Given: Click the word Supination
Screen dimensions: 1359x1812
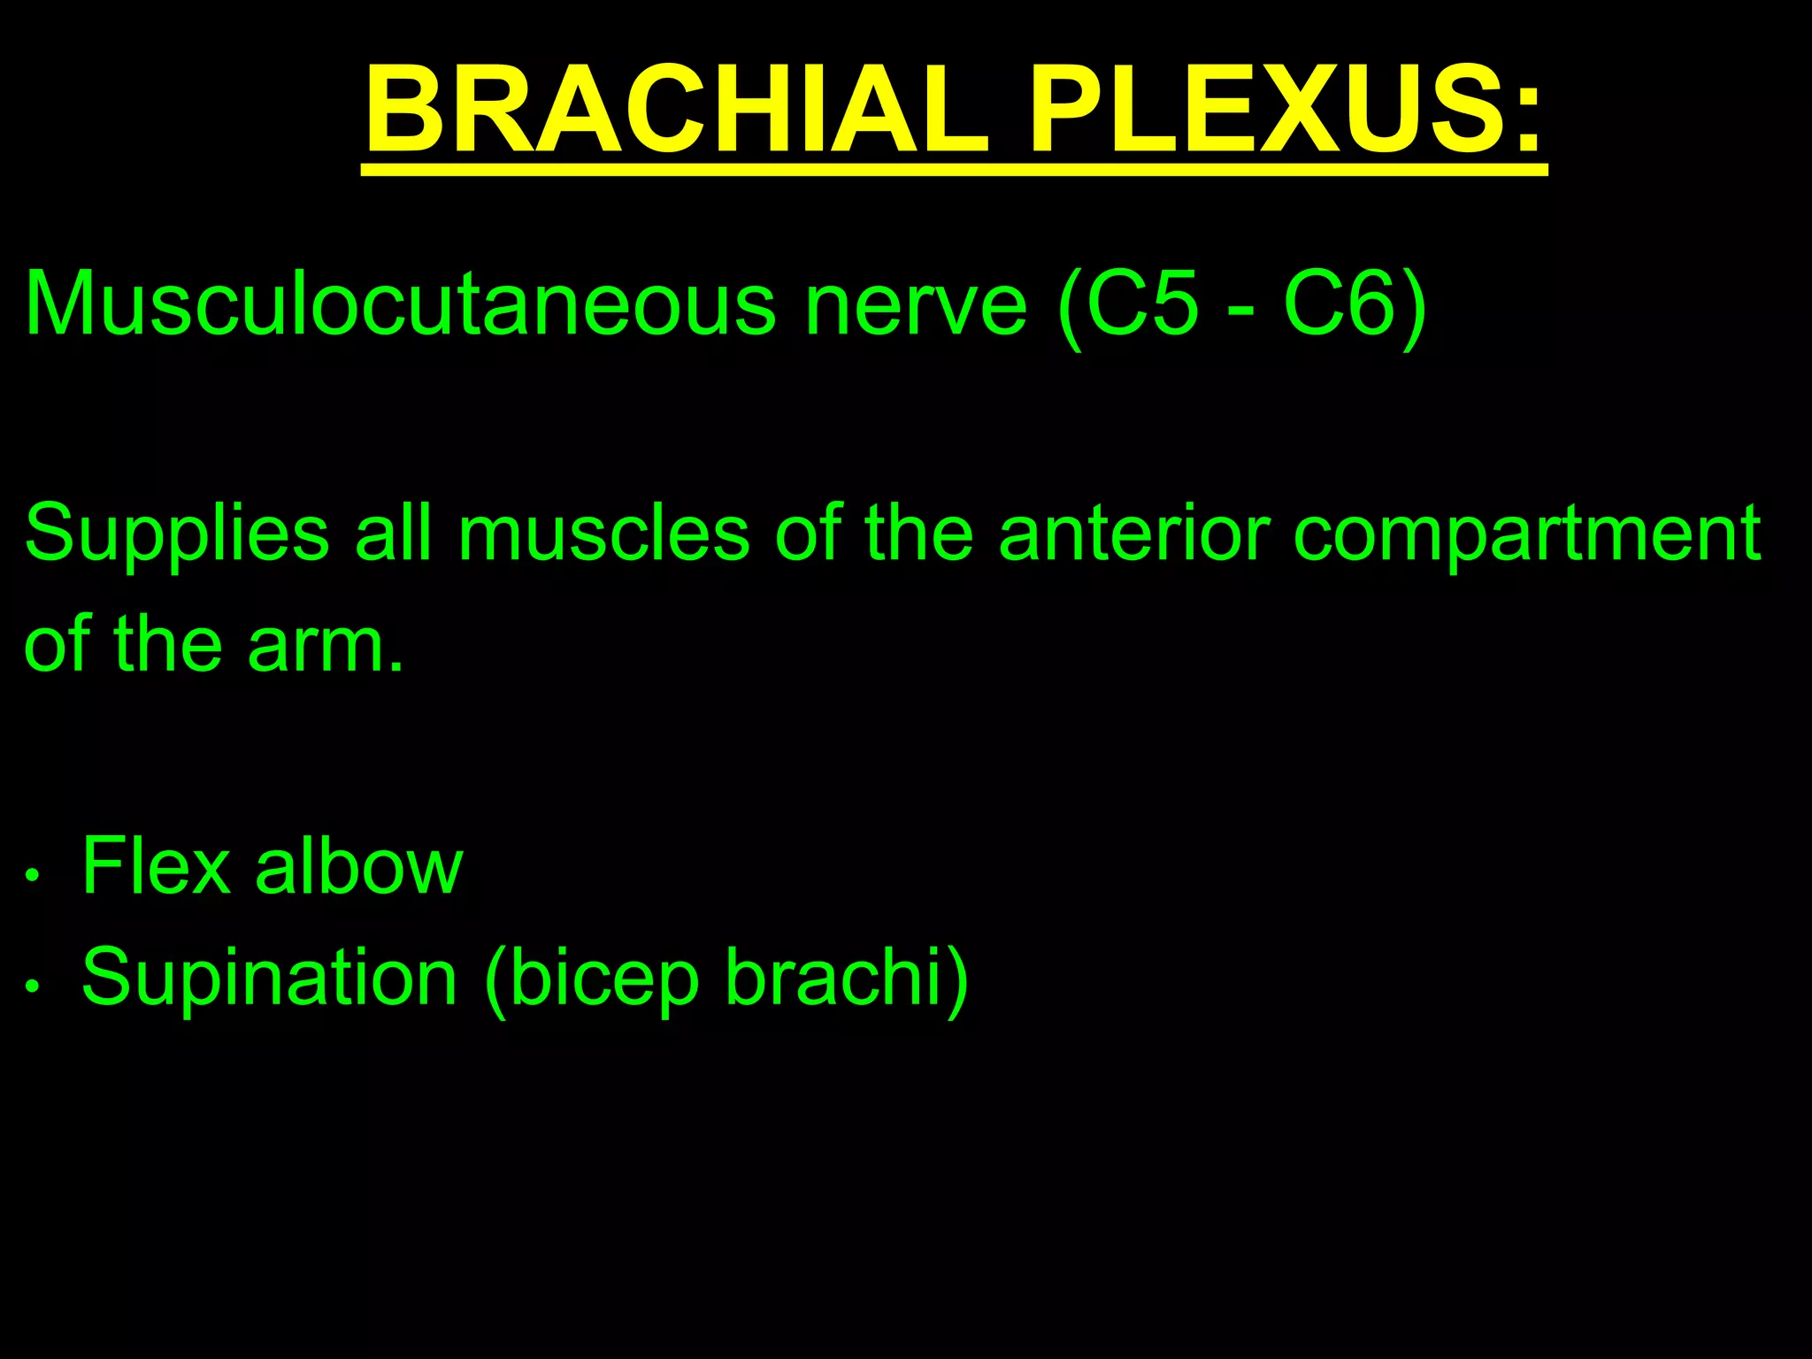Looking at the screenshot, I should (x=270, y=977).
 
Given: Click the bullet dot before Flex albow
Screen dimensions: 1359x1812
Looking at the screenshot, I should (x=33, y=876).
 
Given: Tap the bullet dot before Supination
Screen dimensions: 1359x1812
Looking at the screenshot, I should (x=33, y=987).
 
